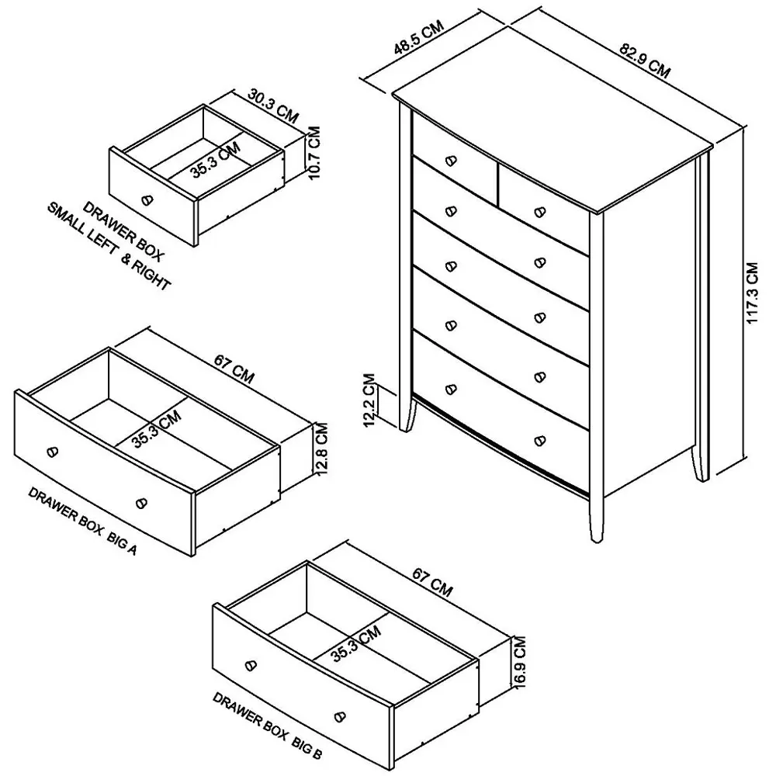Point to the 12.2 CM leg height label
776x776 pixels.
click(370, 400)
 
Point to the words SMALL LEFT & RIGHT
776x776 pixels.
click(109, 247)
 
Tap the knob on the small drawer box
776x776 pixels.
click(147, 199)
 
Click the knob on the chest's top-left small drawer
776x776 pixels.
click(450, 161)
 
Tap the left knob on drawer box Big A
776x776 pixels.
click(53, 452)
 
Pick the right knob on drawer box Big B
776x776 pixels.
click(339, 715)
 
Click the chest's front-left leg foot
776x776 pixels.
click(407, 426)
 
